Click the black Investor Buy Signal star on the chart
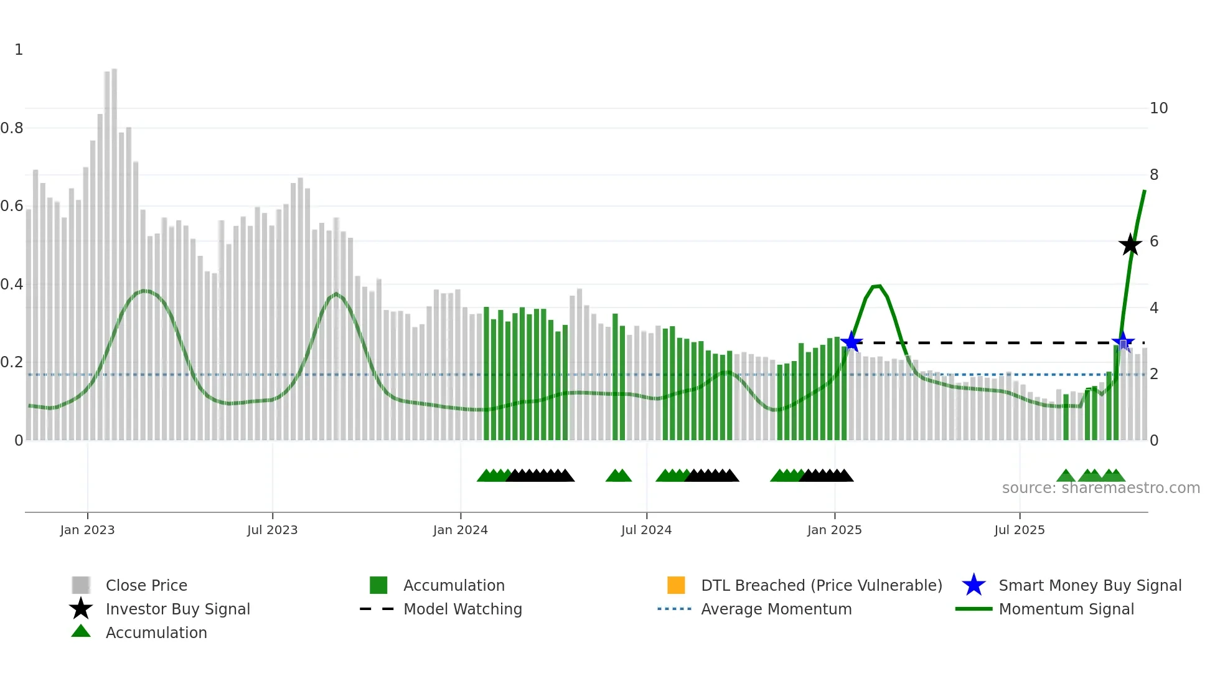point(1130,245)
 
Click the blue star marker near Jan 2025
point(851,342)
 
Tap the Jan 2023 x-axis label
point(87,530)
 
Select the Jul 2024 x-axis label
point(646,530)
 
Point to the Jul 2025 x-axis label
point(1019,530)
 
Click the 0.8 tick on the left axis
point(12,128)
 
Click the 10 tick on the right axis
point(1158,108)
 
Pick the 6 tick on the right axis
point(1154,242)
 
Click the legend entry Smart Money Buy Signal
point(1089,585)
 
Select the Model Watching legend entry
point(462,609)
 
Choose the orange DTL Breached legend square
point(676,585)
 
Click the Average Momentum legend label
point(776,609)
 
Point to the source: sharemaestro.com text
point(1100,488)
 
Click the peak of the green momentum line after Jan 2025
point(876,286)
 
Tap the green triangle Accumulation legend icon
point(81,631)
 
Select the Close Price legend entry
point(146,585)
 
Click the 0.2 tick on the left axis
point(12,362)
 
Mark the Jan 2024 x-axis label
point(460,530)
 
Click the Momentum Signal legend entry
point(1066,609)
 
